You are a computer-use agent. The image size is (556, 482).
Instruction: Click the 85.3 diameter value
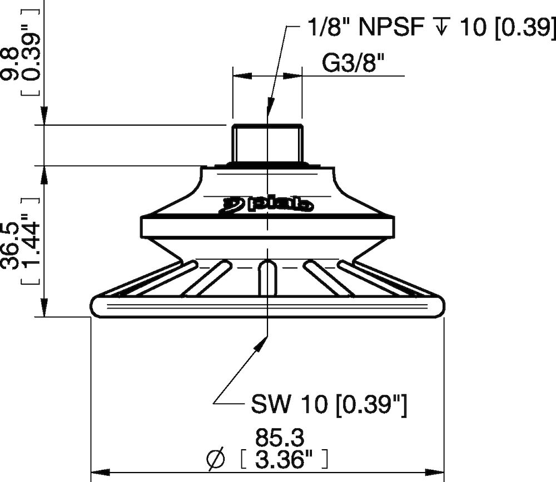[x=280, y=439]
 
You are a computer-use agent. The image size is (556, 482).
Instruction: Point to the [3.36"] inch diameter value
[x=284, y=460]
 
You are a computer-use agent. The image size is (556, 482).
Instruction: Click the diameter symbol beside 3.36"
[x=216, y=460]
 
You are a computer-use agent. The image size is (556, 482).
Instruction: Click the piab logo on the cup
[x=269, y=205]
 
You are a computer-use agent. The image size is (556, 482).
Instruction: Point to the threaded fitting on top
[x=267, y=144]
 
